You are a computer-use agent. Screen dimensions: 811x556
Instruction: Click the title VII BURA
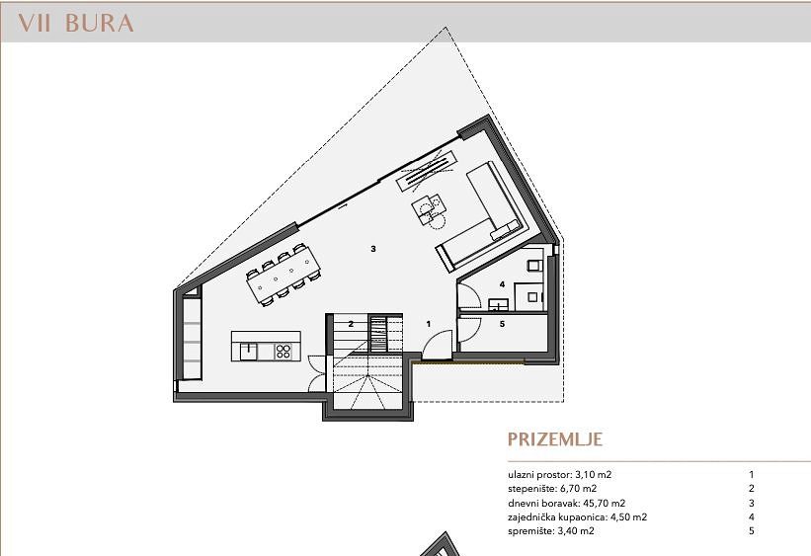[76, 24]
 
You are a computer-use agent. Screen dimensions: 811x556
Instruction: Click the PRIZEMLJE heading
[555, 439]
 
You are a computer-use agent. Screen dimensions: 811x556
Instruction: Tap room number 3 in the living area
[373, 249]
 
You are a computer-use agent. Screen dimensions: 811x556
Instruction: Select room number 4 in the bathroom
[502, 284]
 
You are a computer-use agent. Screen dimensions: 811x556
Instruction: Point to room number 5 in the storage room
[502, 324]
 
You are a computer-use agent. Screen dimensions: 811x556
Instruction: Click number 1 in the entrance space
[429, 324]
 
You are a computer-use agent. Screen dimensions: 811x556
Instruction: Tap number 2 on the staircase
[351, 324]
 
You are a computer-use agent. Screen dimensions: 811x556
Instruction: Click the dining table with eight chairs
[284, 275]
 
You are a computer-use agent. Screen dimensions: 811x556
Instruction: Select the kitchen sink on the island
[248, 352]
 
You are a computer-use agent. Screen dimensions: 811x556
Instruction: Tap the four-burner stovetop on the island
[284, 352]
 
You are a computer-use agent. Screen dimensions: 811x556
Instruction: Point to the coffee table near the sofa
[430, 208]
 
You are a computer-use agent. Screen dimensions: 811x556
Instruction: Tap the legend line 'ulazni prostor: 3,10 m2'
[560, 474]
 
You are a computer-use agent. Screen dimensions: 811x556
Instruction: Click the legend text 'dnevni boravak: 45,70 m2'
[566, 503]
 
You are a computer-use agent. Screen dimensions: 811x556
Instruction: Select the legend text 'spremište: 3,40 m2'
[551, 531]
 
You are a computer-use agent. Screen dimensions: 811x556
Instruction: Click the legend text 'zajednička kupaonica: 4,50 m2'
[577, 517]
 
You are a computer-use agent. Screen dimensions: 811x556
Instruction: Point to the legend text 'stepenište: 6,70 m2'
[552, 489]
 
